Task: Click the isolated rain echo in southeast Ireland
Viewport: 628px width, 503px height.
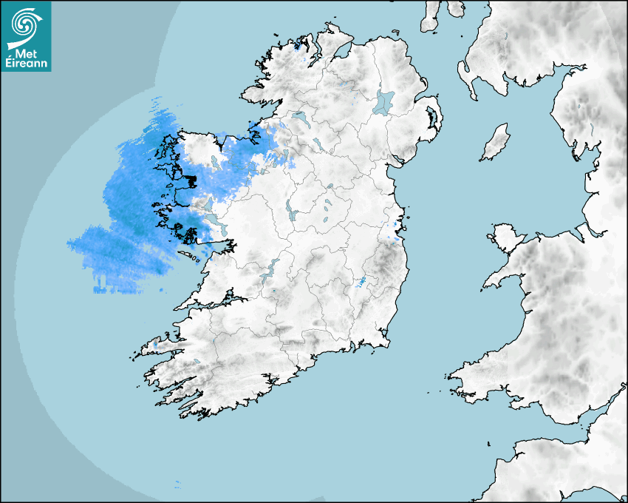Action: (x=363, y=282)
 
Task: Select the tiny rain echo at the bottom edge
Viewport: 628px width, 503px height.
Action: (x=177, y=485)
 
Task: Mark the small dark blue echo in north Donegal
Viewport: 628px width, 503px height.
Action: (x=297, y=45)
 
